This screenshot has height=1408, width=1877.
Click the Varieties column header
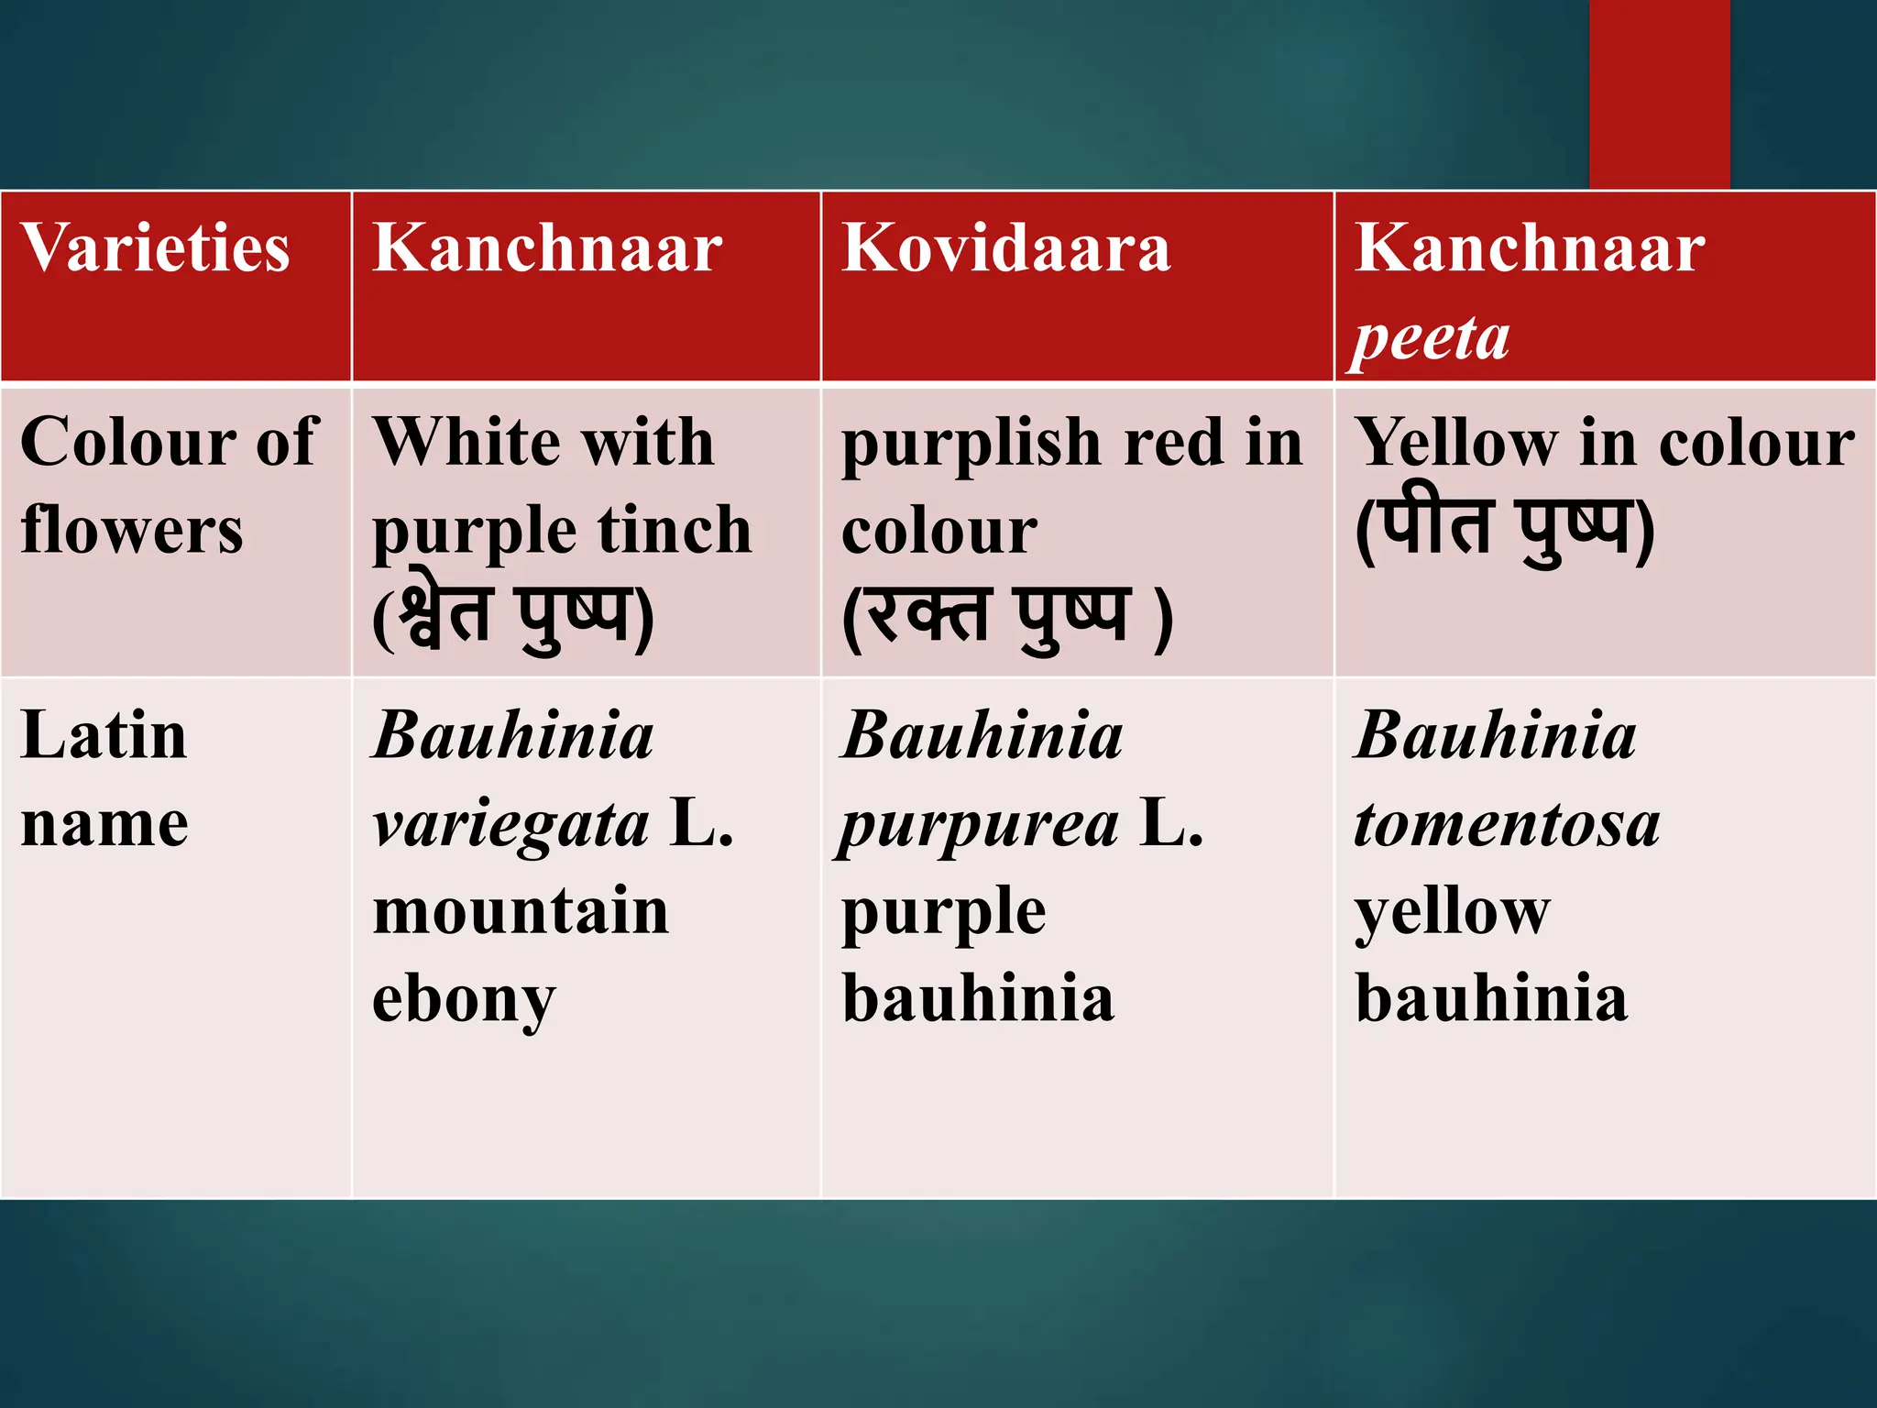tap(155, 248)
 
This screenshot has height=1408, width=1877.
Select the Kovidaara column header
tap(1005, 248)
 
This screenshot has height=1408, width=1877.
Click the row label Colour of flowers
tap(170, 485)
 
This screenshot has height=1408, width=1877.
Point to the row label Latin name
tap(104, 778)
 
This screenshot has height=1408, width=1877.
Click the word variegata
tap(510, 824)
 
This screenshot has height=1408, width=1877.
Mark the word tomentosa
tap(1507, 823)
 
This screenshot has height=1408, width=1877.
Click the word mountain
tap(521, 911)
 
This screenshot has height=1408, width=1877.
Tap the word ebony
tap(464, 1000)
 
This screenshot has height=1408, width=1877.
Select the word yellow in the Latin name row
tap(1453, 913)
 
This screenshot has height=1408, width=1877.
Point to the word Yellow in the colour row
tap(1455, 443)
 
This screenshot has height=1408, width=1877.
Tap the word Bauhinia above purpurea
tap(982, 736)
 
